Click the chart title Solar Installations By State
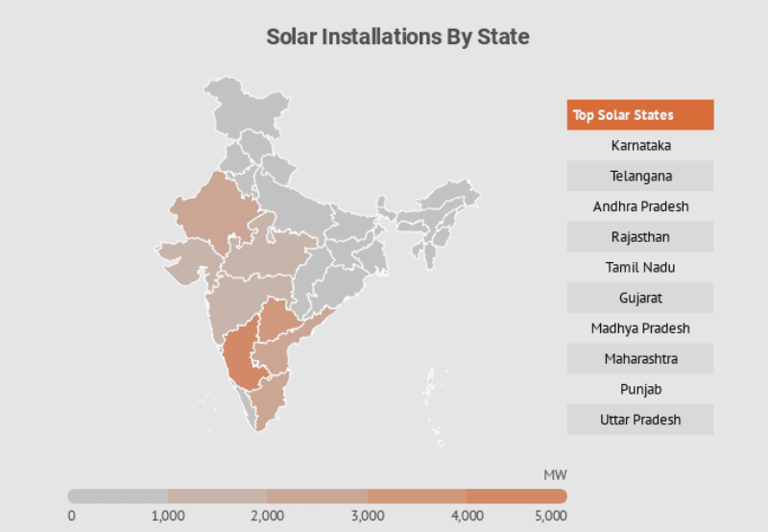click(397, 37)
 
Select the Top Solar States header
click(639, 115)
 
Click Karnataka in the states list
click(639, 146)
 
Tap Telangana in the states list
click(639, 176)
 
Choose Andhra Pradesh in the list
click(639, 206)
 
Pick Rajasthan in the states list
click(639, 237)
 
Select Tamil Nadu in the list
click(639, 267)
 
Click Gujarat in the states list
click(639, 298)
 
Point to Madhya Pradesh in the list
click(639, 328)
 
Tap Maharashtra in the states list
click(639, 358)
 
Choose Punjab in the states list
click(639, 389)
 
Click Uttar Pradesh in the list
click(639, 420)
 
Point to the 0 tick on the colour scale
click(72, 517)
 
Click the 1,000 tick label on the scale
click(168, 517)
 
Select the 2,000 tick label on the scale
click(267, 517)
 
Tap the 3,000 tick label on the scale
click(367, 517)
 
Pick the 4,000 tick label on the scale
click(467, 517)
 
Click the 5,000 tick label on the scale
click(550, 517)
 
